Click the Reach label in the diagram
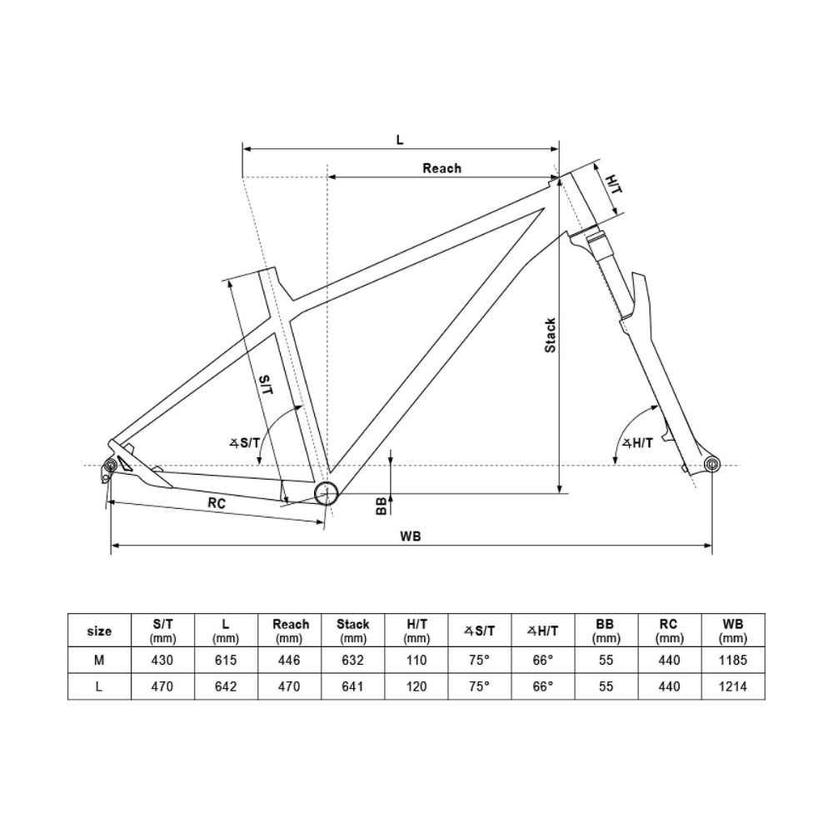(441, 168)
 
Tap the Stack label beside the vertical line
(550, 335)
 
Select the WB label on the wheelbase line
(410, 536)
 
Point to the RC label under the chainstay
(217, 503)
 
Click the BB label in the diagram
(381, 505)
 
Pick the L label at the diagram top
(400, 140)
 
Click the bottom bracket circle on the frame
(326, 493)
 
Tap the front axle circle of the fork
(711, 464)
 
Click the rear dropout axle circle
(110, 465)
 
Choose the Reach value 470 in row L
(289, 687)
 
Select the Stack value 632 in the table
(352, 661)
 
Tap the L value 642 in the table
(226, 687)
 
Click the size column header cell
(99, 631)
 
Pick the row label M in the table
(99, 661)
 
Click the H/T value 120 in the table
(416, 687)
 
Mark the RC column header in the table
(667, 631)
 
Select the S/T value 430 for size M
(162, 661)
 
